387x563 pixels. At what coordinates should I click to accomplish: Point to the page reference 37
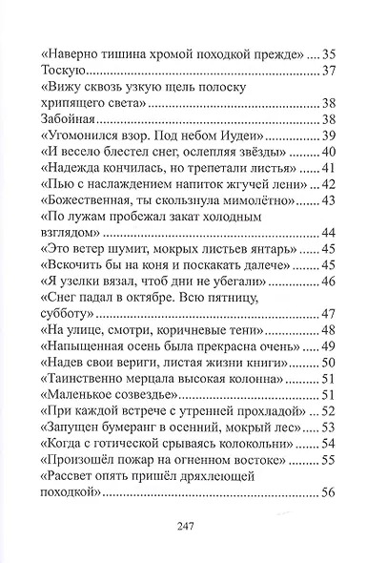328,70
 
